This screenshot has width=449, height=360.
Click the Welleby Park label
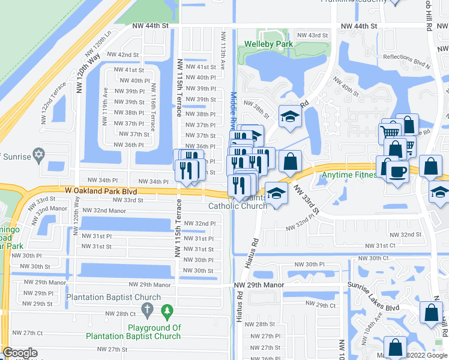click(x=269, y=44)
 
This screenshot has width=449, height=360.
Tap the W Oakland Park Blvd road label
click(x=97, y=190)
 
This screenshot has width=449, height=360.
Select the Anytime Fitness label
click(x=350, y=175)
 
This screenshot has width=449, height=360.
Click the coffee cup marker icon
click(x=398, y=173)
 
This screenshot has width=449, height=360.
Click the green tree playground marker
click(x=167, y=311)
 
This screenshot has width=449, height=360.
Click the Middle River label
click(x=233, y=114)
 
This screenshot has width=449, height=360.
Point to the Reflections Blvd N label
click(x=406, y=57)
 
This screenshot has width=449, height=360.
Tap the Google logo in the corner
click(x=20, y=353)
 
